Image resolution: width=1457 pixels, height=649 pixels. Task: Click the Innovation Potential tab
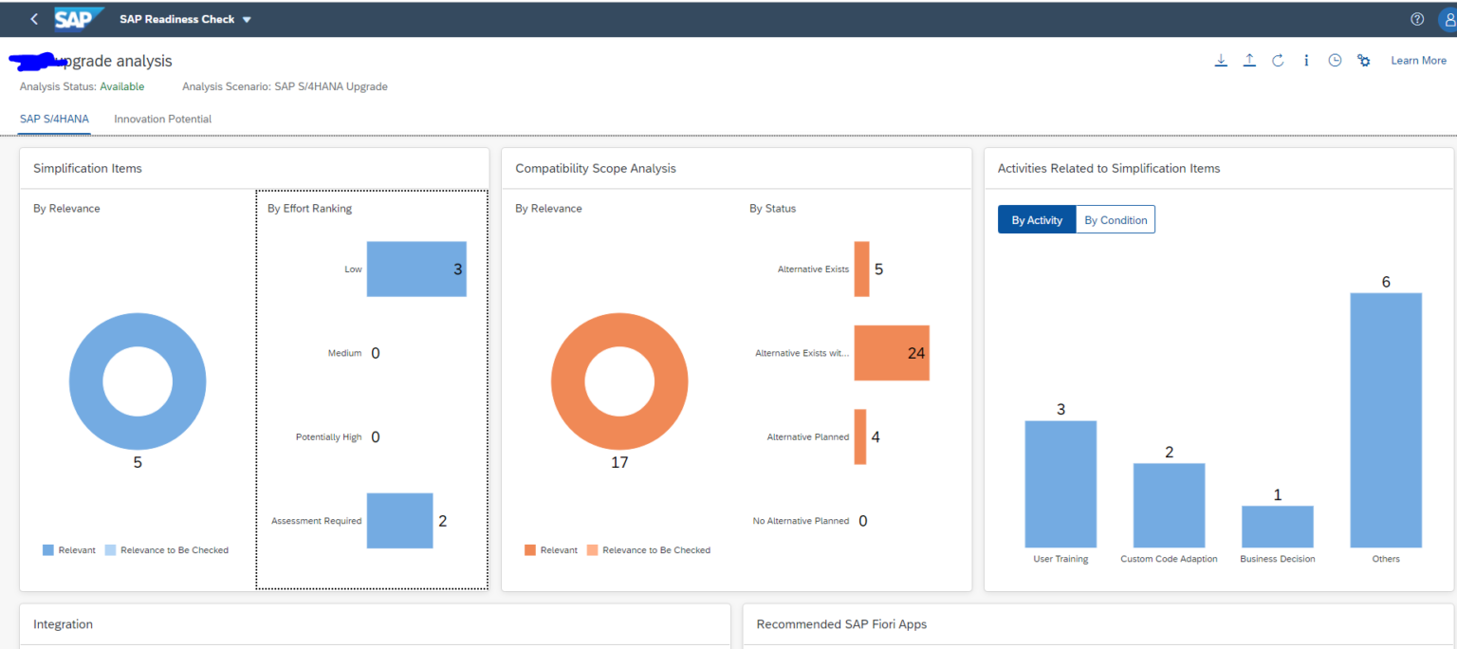coord(162,120)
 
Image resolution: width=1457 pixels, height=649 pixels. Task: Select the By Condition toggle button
coord(1116,220)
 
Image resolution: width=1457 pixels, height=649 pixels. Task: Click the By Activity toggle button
coord(1037,220)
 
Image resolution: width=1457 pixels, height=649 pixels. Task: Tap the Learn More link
coord(1418,61)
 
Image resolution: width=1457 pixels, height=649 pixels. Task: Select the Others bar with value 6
coord(1385,419)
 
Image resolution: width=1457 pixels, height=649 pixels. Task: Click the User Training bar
coord(1060,484)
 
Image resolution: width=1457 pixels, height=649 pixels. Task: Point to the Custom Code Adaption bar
coord(1169,505)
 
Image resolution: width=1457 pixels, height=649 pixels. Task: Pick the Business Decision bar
coord(1277,527)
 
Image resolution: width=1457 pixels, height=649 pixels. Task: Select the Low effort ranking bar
coord(415,269)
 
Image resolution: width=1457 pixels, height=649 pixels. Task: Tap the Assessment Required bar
coord(399,521)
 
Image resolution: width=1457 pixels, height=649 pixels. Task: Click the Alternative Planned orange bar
coord(860,436)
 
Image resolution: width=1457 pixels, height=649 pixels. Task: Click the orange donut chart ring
coord(569,380)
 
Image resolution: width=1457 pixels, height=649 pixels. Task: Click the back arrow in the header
coord(34,19)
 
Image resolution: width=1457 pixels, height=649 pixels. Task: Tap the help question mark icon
coord(1417,19)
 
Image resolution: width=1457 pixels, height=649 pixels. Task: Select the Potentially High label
coord(328,437)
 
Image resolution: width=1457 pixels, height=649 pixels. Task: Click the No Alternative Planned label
coord(801,521)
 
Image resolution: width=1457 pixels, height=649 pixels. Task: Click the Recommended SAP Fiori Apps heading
coord(841,624)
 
